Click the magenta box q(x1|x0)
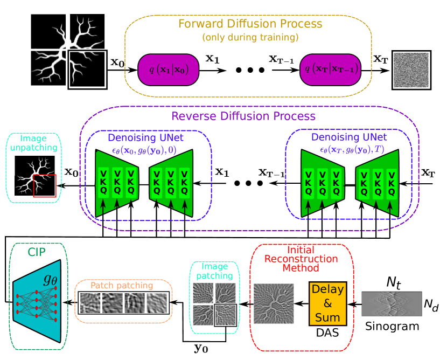(169, 70)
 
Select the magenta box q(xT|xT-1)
(330, 70)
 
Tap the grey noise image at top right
(411, 70)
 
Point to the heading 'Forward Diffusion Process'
(250, 24)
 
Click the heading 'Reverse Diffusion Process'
(243, 116)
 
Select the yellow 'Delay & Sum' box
(327, 303)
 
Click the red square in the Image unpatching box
(45, 185)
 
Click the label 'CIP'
(37, 252)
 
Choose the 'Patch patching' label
(122, 286)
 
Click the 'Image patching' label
(214, 271)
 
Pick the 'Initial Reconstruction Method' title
(301, 259)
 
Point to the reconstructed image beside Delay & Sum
(274, 303)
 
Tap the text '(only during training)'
(250, 38)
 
